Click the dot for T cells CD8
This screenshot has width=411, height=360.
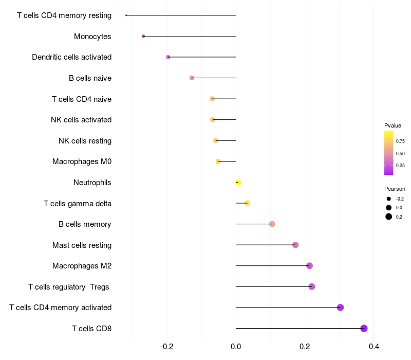[364, 328]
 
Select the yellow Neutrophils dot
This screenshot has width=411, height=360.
[238, 182]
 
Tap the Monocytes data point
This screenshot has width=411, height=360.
[143, 36]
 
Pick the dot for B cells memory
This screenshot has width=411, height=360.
[272, 224]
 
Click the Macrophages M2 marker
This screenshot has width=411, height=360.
[309, 265]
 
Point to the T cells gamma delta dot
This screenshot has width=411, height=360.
[247, 203]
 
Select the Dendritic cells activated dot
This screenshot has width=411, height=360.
[168, 57]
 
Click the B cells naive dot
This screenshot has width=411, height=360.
[192, 78]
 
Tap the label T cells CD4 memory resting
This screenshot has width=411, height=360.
[64, 15]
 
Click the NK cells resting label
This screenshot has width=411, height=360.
[85, 141]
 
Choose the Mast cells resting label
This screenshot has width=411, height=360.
[82, 245]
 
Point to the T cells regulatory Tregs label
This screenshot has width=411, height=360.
[69, 287]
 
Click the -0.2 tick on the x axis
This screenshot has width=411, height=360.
[166, 347]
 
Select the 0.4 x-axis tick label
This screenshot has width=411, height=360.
[374, 347]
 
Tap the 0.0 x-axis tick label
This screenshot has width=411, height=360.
[236, 347]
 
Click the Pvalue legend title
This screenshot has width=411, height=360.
[393, 125]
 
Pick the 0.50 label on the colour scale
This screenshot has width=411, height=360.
[400, 153]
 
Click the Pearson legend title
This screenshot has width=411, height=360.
[395, 189]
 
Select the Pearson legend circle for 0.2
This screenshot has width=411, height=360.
[389, 217]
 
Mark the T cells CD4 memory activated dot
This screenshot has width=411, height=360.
[340, 307]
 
